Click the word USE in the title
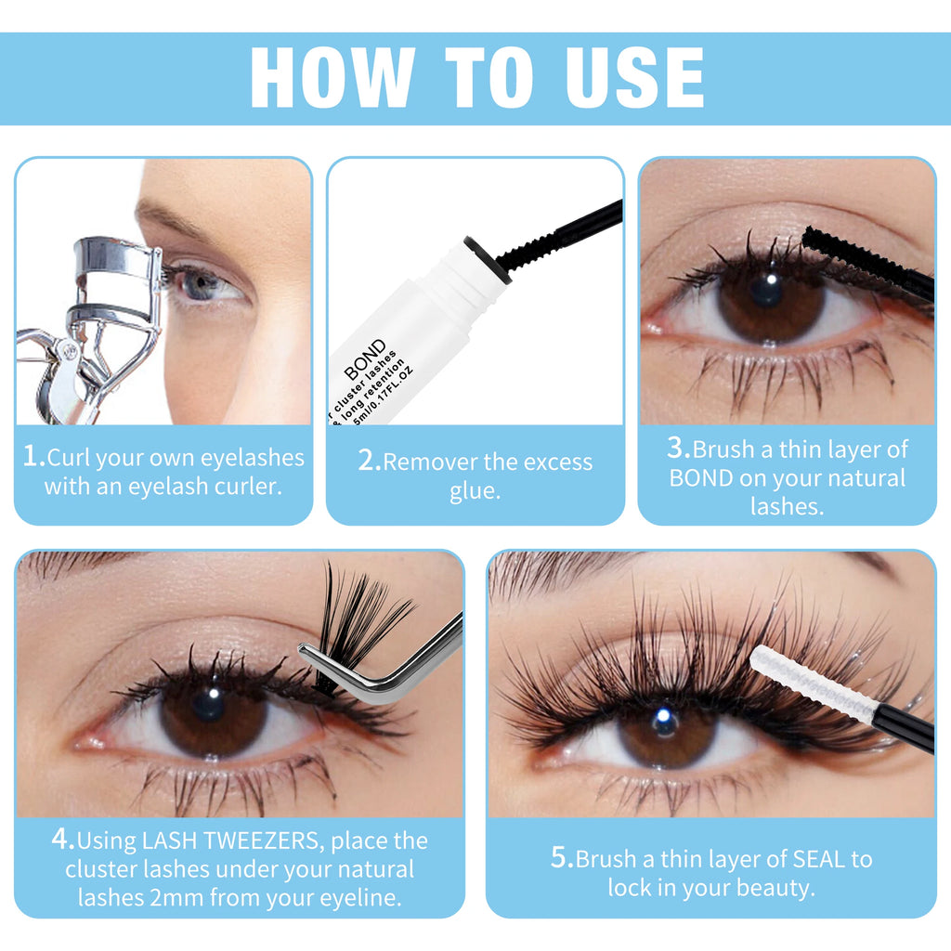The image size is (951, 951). (634, 77)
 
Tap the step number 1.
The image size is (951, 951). (34, 456)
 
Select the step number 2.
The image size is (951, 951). (370, 461)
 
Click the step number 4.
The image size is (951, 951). (63, 840)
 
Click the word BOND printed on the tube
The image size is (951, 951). (365, 359)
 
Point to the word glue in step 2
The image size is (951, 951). (475, 490)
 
